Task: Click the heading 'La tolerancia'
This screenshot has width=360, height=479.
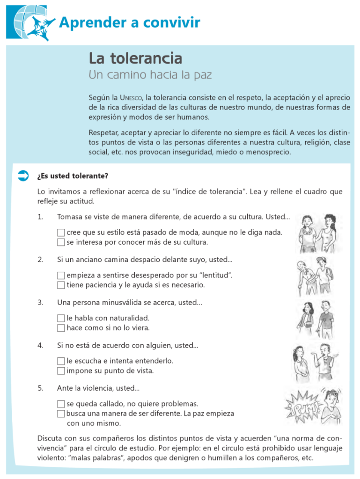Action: (x=135, y=58)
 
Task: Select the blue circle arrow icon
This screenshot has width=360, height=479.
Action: (x=23, y=176)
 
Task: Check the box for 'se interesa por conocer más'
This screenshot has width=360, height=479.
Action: (x=61, y=242)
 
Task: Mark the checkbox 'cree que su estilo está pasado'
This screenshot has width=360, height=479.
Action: (x=61, y=232)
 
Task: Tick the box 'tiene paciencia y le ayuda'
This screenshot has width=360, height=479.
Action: (x=61, y=285)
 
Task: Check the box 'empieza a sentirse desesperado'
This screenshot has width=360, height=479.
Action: (x=61, y=276)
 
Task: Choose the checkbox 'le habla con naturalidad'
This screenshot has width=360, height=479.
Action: (x=61, y=318)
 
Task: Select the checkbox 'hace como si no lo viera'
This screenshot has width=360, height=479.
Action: (x=61, y=328)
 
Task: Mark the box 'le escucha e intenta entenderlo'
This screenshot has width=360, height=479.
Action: (x=61, y=361)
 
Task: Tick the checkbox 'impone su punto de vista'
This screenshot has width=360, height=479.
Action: (x=61, y=371)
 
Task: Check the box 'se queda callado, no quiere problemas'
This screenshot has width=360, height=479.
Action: (x=61, y=404)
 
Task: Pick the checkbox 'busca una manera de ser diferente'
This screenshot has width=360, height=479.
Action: (x=61, y=414)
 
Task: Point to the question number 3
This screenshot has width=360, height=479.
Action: (x=40, y=303)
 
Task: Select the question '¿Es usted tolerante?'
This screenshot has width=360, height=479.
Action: (x=73, y=176)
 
